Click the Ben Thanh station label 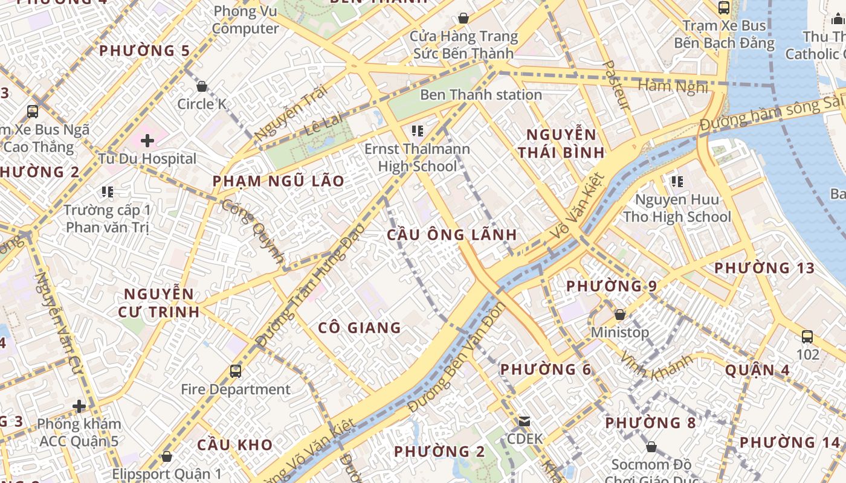coord(481,95)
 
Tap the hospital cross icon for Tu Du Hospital coord(147,141)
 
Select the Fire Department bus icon coord(236,371)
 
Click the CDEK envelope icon coord(524,421)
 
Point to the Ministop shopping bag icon coord(619,315)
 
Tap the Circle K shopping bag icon coord(202,86)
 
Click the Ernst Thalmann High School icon coord(417,130)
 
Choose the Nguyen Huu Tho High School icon coord(677,181)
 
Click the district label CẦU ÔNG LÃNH coord(452,235)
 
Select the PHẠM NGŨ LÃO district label coord(279,181)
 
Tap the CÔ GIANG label coord(360,328)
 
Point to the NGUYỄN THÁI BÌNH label coord(561,143)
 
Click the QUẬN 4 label coord(757,369)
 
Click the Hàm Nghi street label coord(673,86)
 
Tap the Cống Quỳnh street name coord(254,232)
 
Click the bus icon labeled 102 coord(807,337)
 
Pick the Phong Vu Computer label coord(245,20)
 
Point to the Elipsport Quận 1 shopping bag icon coord(166,456)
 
